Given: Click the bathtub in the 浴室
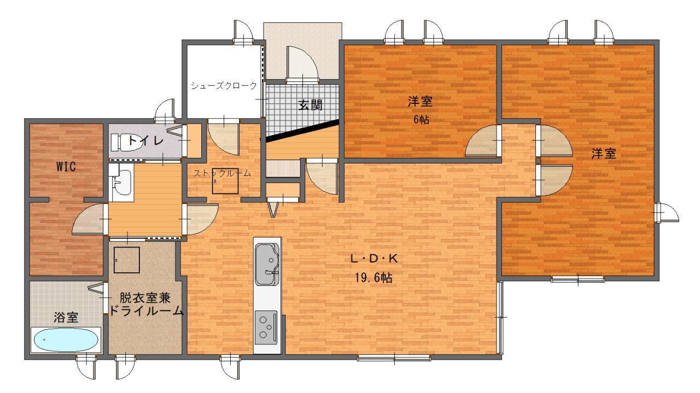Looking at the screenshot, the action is pos(66,340).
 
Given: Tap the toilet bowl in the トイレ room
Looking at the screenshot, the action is pos(126,142).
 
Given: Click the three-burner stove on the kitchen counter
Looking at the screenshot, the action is pos(266,327).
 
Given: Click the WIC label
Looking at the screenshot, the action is pos(66,167).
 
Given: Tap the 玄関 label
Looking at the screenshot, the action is pos(310,105).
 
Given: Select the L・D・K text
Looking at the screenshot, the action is pos(374,259).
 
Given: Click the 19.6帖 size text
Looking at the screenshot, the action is pos(374,278).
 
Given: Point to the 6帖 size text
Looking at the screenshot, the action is pos(421,119).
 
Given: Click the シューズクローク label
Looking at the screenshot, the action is pos(224,86).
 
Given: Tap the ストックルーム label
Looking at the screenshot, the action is pos(222,173).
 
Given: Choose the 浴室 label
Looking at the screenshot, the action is pos(66,318).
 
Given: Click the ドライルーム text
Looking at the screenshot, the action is pos(146,311).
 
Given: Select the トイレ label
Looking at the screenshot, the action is pos(145,140).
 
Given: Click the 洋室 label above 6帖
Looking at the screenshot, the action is pos(421,102).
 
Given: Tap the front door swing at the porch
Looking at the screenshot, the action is pos(302,65).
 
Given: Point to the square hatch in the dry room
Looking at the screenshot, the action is pos(126,260).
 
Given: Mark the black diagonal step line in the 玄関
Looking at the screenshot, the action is pos(302,131).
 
